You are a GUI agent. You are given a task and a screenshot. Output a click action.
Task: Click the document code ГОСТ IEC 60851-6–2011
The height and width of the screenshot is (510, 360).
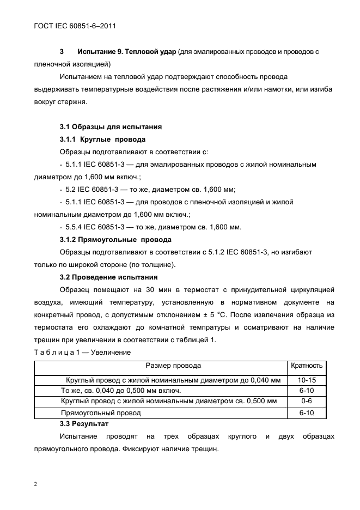[72, 26]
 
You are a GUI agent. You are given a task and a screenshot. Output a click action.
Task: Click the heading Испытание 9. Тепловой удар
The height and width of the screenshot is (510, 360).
[127, 52]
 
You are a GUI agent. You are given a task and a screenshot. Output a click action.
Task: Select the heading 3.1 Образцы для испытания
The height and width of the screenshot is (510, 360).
[111, 127]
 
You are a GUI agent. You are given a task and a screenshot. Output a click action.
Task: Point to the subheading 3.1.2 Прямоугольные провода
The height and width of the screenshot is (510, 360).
[115, 239]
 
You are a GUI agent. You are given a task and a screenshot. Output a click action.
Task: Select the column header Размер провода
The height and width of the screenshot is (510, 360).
[173, 366]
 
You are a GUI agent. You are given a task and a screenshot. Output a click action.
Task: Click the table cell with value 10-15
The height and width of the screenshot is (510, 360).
[307, 380]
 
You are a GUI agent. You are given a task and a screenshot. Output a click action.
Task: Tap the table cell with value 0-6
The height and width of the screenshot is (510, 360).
[307, 402]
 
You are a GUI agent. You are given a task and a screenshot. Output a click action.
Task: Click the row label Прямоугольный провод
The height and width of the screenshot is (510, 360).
[101, 413]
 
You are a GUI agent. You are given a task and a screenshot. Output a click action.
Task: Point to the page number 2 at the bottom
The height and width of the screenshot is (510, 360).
[35, 484]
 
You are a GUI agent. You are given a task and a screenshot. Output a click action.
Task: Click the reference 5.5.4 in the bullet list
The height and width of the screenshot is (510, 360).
[75, 227]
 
